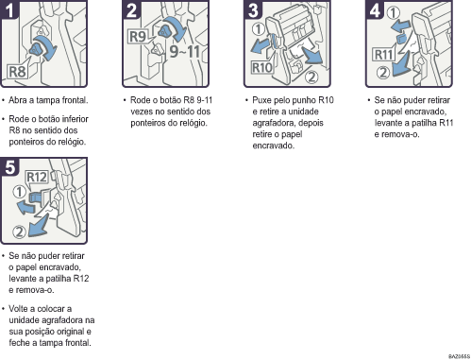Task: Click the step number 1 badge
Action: [x=8, y=9]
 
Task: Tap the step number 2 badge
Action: [x=131, y=9]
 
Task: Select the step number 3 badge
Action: [x=253, y=9]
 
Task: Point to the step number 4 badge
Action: [x=375, y=9]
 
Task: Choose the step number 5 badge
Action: [x=9, y=166]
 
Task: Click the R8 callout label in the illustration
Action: [x=17, y=72]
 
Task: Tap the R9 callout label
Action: [x=138, y=36]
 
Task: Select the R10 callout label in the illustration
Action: [x=262, y=67]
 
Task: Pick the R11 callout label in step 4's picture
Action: [x=384, y=55]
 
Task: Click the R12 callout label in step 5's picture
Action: [x=37, y=177]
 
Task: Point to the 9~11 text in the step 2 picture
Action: [x=185, y=51]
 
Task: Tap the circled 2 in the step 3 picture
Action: [x=311, y=77]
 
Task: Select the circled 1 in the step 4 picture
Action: [x=393, y=13]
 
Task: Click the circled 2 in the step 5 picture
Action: [x=19, y=232]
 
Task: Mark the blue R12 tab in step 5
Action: [x=34, y=198]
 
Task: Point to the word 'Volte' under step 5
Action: [x=20, y=309]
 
